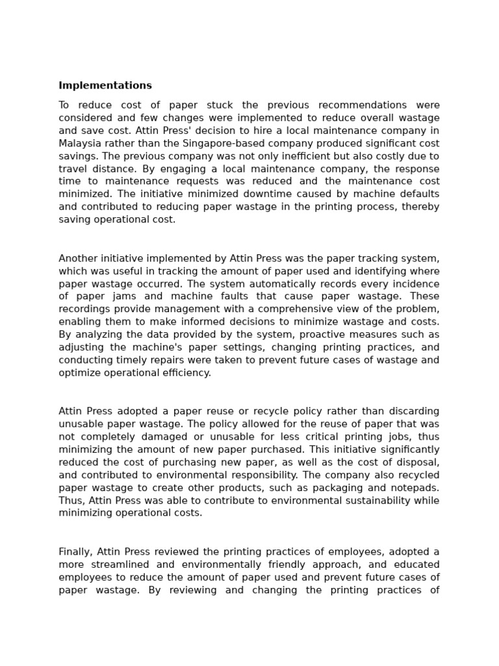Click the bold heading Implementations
pyautogui.click(x=105, y=86)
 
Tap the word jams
pyautogui.click(x=123, y=297)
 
